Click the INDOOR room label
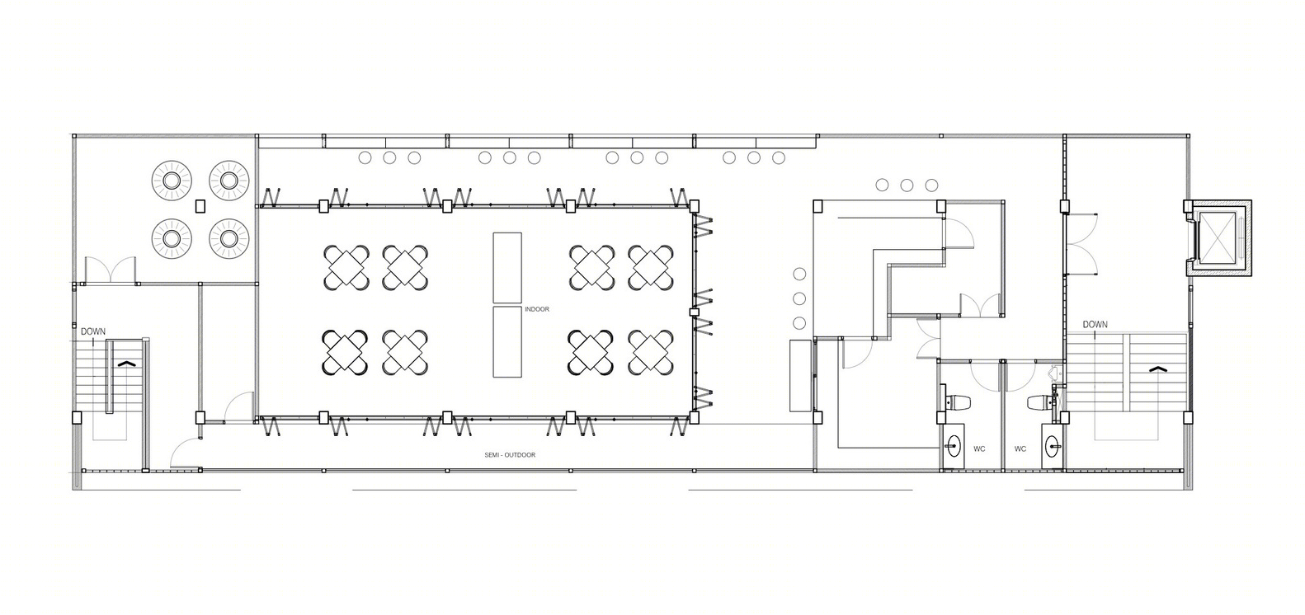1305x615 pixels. [x=536, y=309]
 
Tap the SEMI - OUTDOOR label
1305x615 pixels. [x=510, y=455]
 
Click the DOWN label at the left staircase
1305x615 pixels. [x=93, y=331]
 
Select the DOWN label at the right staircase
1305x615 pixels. [x=1095, y=324]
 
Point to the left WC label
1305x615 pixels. [x=979, y=448]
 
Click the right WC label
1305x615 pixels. [x=1020, y=448]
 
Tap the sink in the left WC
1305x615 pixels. [x=953, y=447]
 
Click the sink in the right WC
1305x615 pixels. [x=1052, y=447]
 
